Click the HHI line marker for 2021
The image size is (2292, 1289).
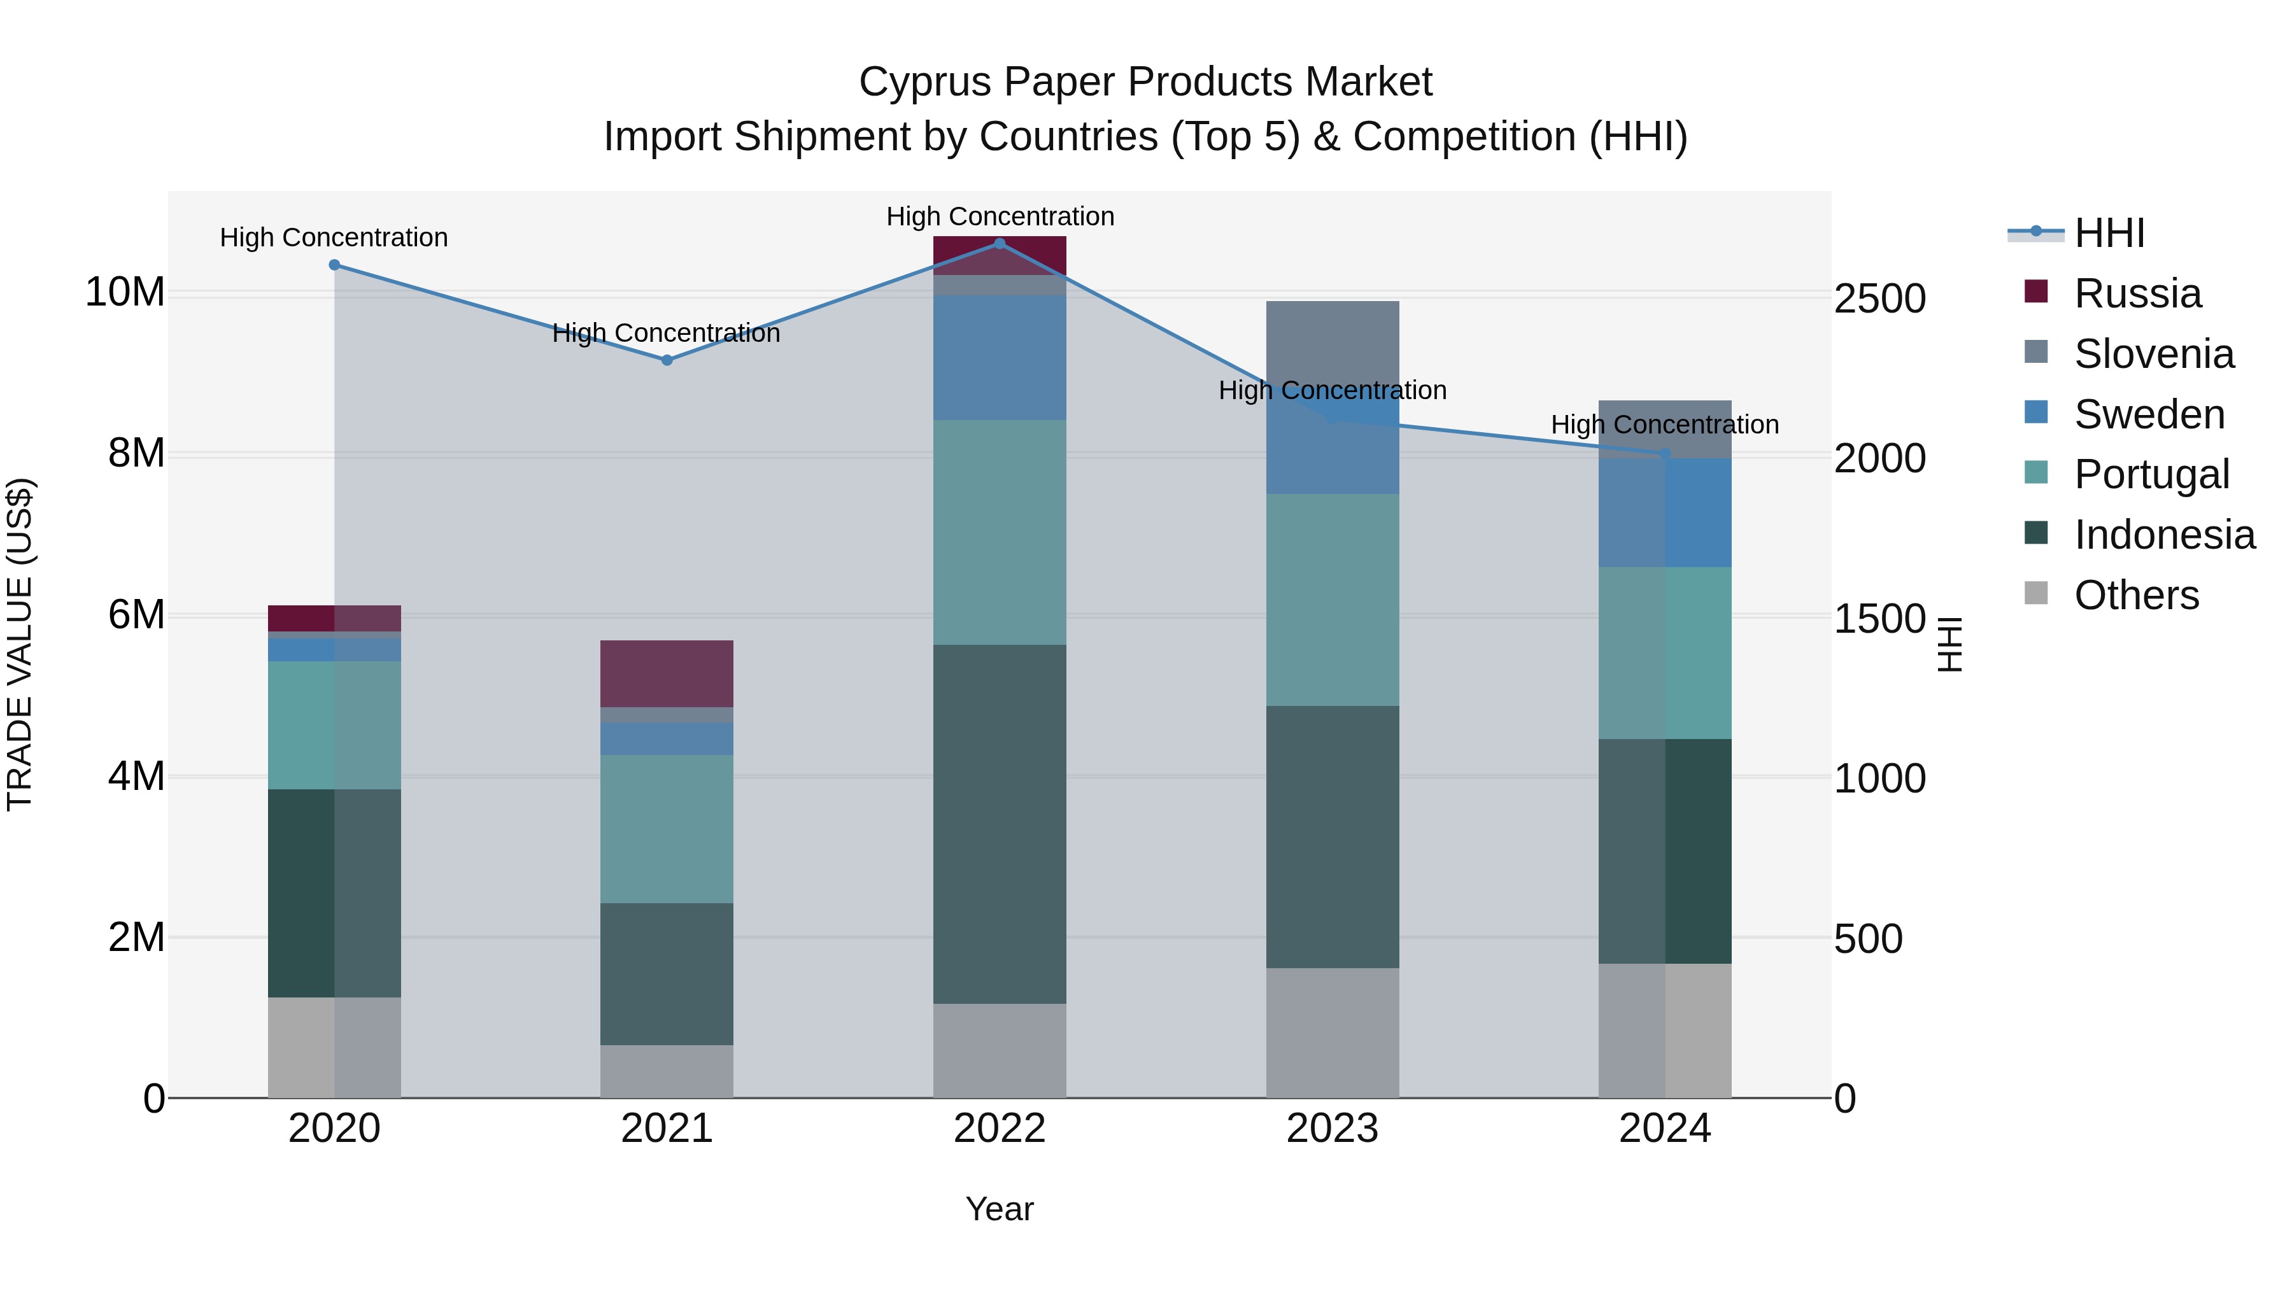click(667, 360)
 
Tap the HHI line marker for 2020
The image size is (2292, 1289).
click(334, 265)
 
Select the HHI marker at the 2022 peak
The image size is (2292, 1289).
click(999, 243)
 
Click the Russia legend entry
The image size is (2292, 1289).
click(2137, 293)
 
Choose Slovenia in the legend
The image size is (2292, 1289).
click(2153, 354)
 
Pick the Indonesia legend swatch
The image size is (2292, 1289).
click(2036, 534)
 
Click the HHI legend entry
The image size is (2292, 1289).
click(2109, 233)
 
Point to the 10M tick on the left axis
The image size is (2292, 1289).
click(125, 292)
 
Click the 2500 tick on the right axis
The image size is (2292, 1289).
click(1879, 299)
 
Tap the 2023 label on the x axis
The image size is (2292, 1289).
click(1332, 1129)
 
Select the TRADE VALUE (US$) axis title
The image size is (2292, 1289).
click(20, 644)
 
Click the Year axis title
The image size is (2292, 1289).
click(999, 1209)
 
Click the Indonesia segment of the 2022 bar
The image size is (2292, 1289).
click(999, 824)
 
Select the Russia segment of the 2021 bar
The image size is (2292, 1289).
click(667, 673)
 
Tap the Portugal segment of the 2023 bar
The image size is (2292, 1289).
click(1332, 600)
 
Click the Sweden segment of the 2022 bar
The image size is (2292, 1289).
click(999, 358)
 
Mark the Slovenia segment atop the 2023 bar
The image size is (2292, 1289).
click(1332, 338)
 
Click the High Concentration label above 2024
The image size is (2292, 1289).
click(1665, 425)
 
